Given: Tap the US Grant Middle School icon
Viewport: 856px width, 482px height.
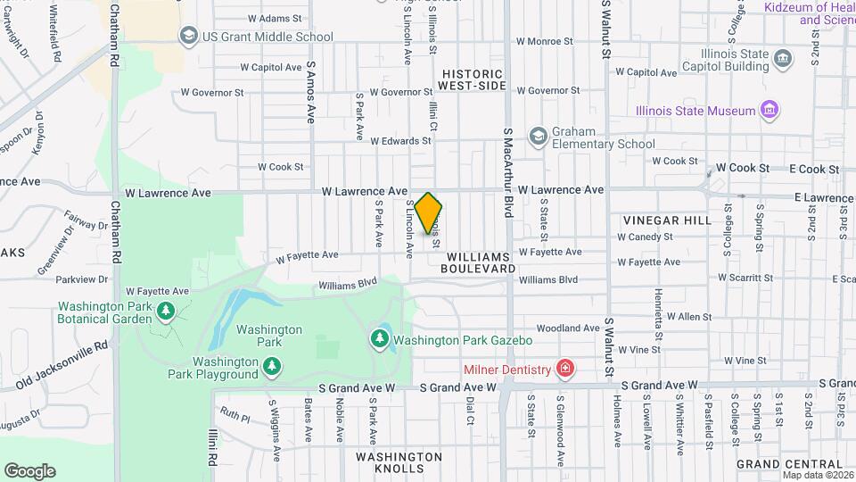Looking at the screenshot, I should (x=188, y=36).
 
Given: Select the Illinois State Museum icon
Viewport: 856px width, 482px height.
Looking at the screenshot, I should (x=770, y=111).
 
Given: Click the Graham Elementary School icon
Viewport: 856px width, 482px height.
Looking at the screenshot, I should (x=538, y=136).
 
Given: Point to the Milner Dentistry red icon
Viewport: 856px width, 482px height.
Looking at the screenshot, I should (x=564, y=368).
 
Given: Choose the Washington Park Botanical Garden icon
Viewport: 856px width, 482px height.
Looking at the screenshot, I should (x=166, y=311).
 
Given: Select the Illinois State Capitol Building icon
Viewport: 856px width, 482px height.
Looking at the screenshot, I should (x=782, y=60).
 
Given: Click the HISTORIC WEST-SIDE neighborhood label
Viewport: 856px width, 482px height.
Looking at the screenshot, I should (x=472, y=79).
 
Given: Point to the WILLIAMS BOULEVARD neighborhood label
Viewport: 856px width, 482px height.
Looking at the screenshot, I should (x=478, y=262).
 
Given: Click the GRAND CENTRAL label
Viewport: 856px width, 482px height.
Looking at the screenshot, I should (x=789, y=464).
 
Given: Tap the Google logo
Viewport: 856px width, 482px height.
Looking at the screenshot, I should (x=29, y=471).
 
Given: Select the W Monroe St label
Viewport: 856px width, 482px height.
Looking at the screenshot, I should (x=545, y=41).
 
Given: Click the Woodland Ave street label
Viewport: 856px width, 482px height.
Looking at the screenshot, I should (x=568, y=328).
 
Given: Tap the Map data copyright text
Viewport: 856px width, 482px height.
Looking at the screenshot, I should (x=817, y=475).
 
